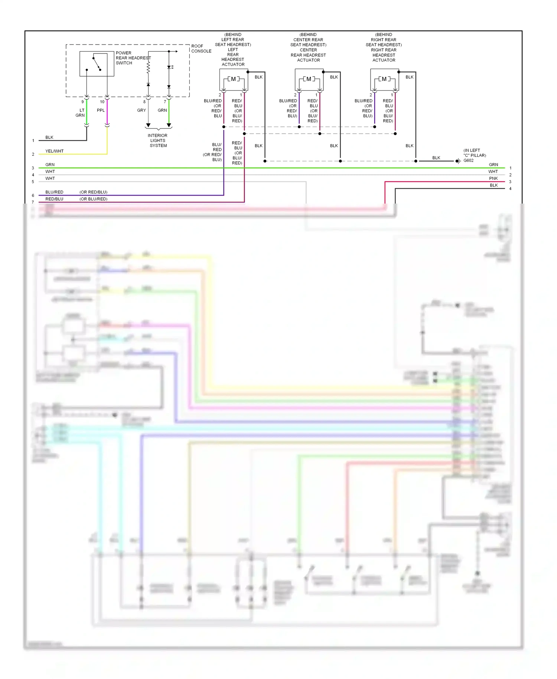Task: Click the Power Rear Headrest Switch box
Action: pos(97,64)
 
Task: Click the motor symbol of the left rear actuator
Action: pos(233,79)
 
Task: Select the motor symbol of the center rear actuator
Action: pos(309,79)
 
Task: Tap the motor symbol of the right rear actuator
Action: pos(384,79)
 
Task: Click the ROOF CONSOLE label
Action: pos(201,49)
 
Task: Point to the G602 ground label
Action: pos(468,160)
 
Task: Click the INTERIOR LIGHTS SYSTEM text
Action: pos(158,140)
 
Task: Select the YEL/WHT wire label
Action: pos(54,151)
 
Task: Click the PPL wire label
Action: pos(101,110)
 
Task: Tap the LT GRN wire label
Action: pos(81,113)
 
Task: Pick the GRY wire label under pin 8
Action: pos(141,110)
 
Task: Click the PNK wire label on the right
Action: pos(493,178)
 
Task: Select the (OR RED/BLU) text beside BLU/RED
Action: pos(93,192)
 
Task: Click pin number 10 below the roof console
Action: pos(102,102)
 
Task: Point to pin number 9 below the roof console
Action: pos(82,102)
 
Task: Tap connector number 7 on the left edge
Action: pos(33,202)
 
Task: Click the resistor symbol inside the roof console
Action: pos(148,68)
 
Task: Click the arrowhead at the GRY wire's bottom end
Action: pos(148,126)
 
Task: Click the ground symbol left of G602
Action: pos(458,161)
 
